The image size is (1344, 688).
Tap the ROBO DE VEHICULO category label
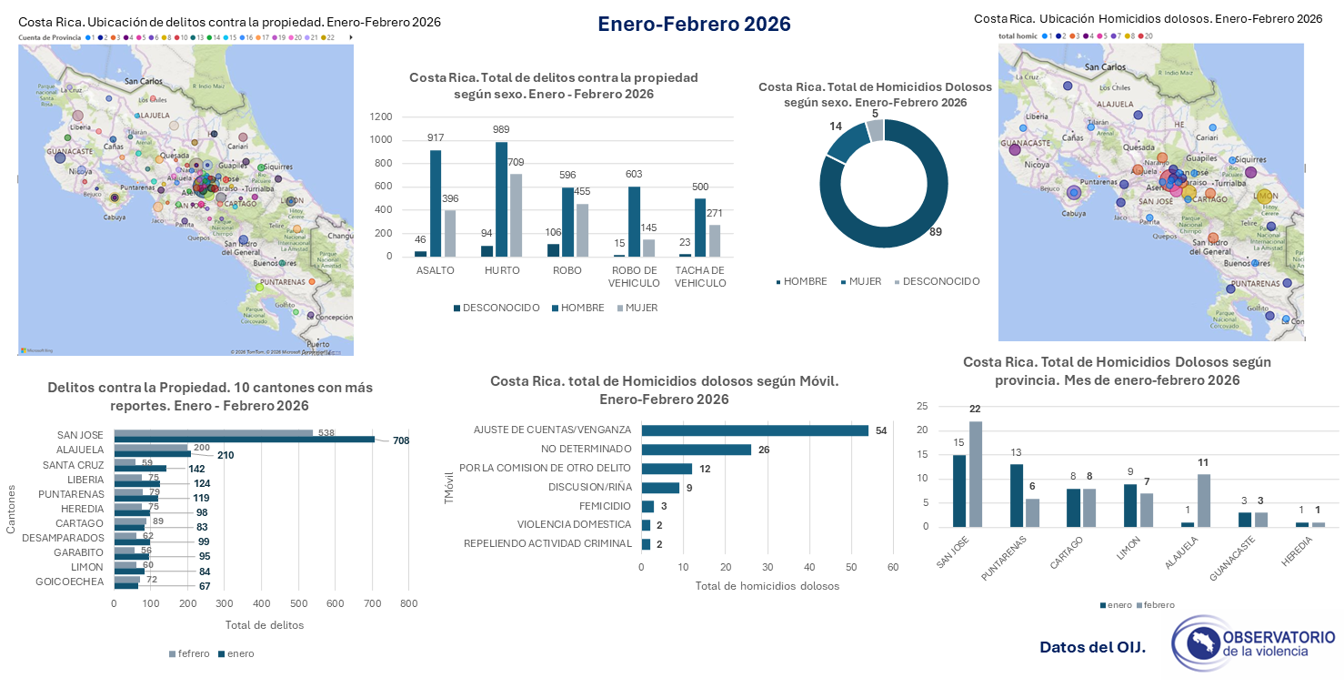click(633, 277)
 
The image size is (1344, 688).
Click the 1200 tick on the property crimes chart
click(381, 116)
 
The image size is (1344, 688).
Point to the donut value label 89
click(935, 232)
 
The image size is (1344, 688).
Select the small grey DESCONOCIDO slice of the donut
click(875, 131)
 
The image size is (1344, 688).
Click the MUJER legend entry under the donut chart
click(864, 281)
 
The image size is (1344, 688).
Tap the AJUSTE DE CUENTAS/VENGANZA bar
click(754, 430)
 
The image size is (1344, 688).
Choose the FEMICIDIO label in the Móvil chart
click(605, 506)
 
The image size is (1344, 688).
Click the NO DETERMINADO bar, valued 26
click(696, 450)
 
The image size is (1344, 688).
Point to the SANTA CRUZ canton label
click(73, 465)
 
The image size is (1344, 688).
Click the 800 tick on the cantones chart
click(408, 603)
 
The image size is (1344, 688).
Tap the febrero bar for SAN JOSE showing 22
click(976, 474)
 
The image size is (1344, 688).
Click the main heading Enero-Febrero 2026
click(694, 25)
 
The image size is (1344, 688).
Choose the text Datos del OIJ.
click(1092, 648)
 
